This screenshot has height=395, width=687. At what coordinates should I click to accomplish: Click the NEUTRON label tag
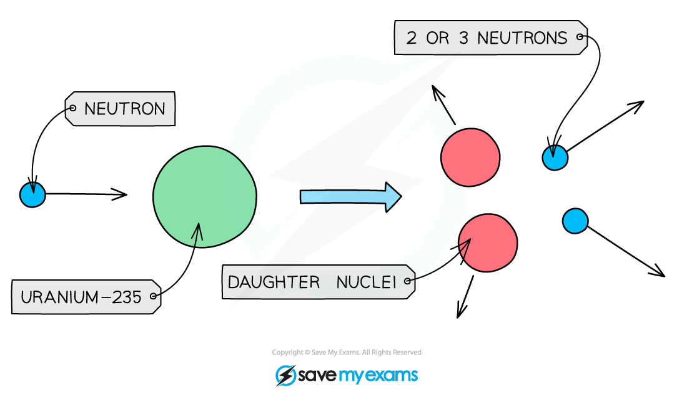click(x=120, y=109)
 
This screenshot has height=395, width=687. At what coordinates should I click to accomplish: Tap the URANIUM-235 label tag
click(x=86, y=297)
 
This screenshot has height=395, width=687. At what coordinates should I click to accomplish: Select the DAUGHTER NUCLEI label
click(x=319, y=282)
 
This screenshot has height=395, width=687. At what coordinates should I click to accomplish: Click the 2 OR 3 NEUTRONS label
click(x=491, y=37)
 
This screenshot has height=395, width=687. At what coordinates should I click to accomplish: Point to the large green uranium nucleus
click(x=205, y=197)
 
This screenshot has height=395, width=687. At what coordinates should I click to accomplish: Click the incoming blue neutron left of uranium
click(x=33, y=194)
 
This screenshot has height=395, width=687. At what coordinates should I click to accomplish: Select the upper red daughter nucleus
click(x=470, y=157)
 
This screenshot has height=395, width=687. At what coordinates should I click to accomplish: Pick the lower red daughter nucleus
click(x=488, y=243)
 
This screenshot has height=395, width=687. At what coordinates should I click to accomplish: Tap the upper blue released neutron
click(x=555, y=158)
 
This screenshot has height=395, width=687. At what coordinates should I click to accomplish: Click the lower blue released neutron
click(x=575, y=221)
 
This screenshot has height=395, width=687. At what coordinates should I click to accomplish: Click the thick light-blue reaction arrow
click(x=350, y=197)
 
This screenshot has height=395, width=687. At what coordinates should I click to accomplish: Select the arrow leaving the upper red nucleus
click(x=443, y=105)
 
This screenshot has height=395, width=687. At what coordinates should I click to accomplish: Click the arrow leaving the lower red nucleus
click(x=465, y=297)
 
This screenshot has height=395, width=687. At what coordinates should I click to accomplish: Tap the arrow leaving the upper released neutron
click(x=606, y=126)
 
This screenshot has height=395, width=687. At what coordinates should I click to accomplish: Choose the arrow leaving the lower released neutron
click(x=626, y=252)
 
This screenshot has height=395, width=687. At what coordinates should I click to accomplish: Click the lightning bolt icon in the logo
click(x=285, y=376)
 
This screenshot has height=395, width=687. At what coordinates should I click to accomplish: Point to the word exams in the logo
click(x=391, y=376)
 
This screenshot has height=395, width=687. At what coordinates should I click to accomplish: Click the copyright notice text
click(x=347, y=352)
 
